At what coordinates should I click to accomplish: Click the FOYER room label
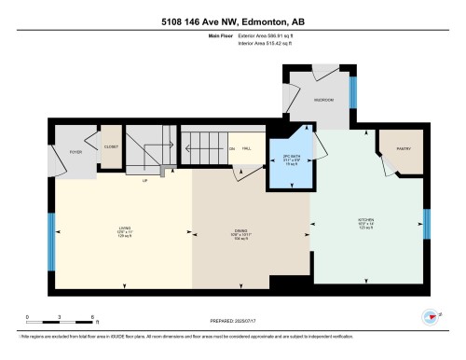tap(64, 150)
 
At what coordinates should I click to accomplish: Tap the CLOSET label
tap(111, 146)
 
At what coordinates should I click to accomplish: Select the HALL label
tap(247, 148)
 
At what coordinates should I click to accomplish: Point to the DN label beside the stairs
tap(231, 148)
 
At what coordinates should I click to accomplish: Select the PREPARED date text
tap(232, 322)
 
